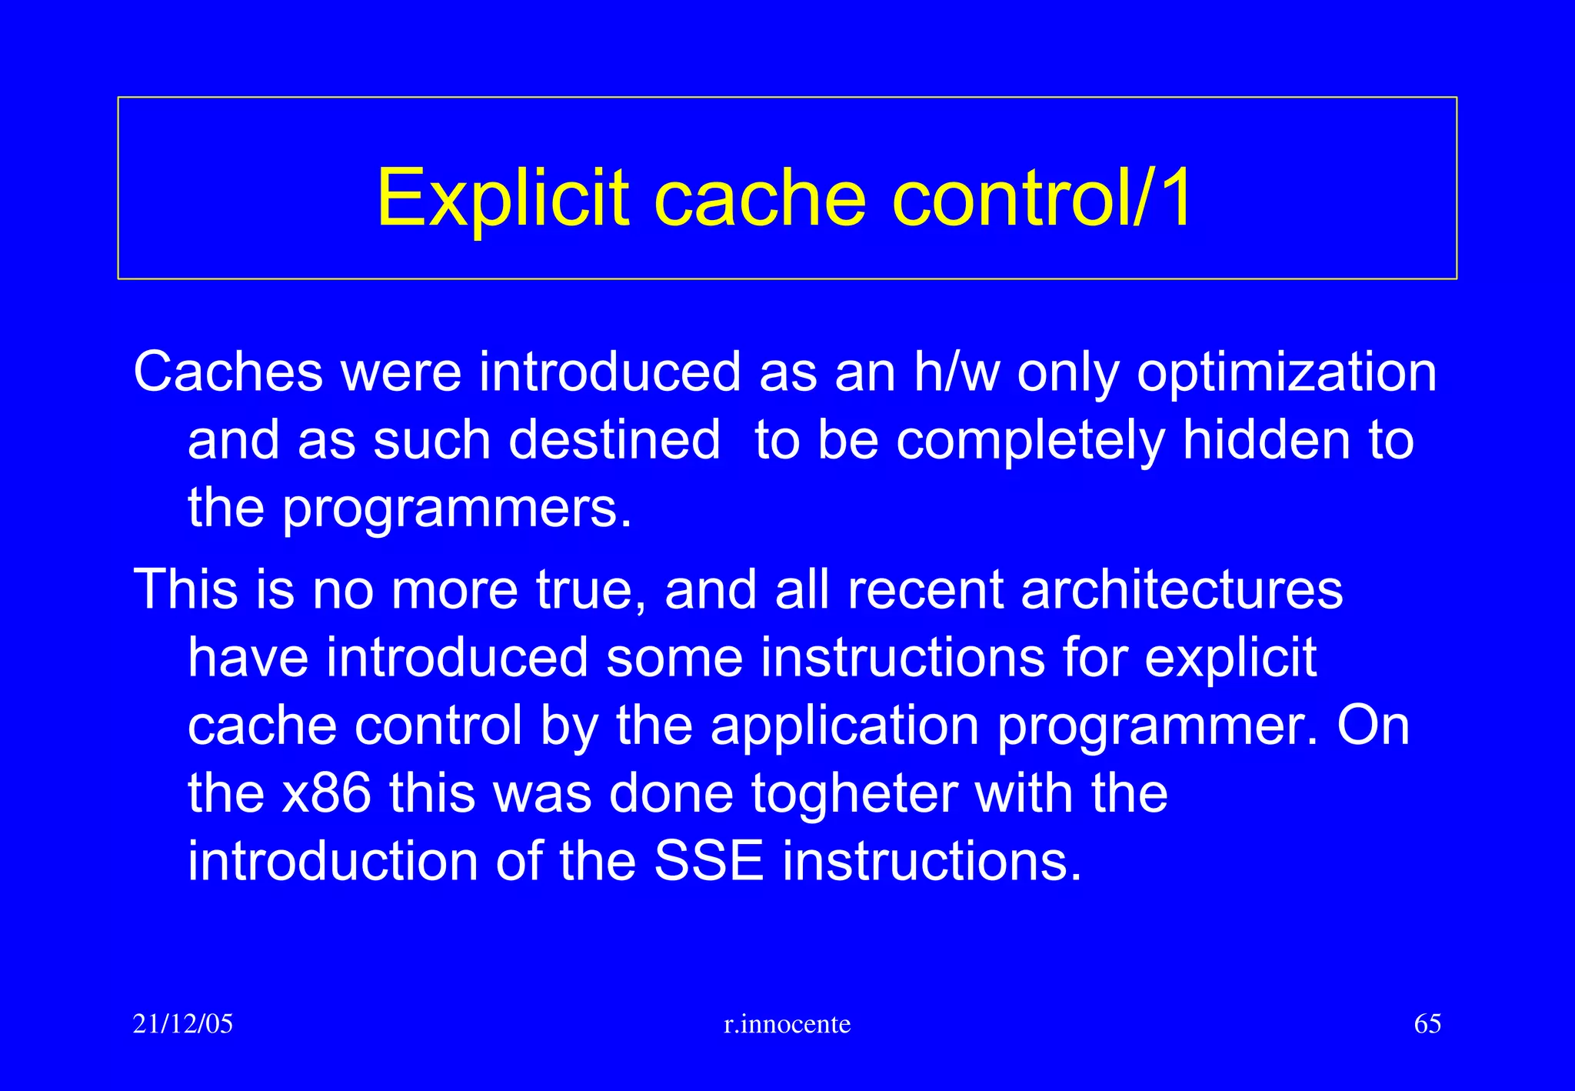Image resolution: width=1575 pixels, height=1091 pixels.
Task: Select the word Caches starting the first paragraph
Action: [228, 372]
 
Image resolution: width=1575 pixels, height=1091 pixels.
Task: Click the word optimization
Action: [1287, 372]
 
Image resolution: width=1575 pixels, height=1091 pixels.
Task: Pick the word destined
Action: [614, 440]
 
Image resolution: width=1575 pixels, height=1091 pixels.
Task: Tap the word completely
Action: [1030, 440]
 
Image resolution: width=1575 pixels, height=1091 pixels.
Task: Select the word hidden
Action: [1266, 440]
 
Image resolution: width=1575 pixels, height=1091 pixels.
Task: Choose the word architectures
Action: [1182, 589]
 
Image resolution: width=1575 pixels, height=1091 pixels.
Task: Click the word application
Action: [844, 726]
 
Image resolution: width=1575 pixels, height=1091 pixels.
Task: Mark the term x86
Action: [326, 793]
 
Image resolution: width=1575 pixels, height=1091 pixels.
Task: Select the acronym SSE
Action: [708, 861]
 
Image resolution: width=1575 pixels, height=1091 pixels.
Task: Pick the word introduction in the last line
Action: [333, 861]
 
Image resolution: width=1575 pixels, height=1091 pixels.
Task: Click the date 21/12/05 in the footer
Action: [183, 1024]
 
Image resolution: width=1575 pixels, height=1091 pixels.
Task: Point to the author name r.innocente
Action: [787, 1024]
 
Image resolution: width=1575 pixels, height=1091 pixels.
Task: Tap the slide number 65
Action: [1427, 1024]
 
